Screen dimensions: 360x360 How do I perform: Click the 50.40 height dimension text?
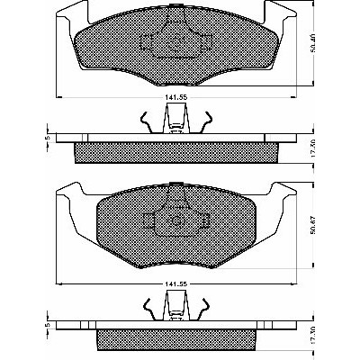coord(312,43)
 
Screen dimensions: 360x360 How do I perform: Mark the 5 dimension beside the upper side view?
coord(46,138)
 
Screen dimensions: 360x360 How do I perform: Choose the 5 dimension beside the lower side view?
coord(46,325)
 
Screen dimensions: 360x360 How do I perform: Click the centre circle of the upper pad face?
coord(176,41)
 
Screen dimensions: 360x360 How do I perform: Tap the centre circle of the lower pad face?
coord(176,221)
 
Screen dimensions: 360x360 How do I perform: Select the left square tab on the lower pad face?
coord(148,220)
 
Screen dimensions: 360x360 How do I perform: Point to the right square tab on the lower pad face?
coord(204,220)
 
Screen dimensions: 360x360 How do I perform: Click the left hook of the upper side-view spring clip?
coord(146,121)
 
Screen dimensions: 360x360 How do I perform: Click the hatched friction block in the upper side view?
coord(175,153)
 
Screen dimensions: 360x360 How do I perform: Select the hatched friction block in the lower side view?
coord(176,340)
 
